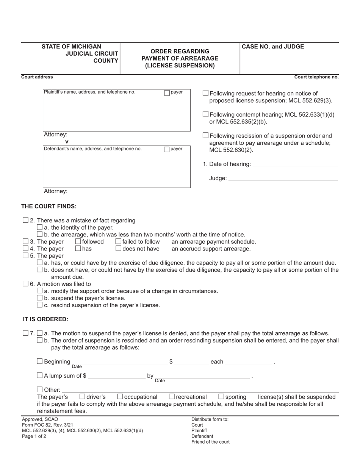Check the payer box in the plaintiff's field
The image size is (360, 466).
click(x=167, y=93)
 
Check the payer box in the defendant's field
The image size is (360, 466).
click(x=167, y=149)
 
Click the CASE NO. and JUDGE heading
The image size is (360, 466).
click(x=273, y=47)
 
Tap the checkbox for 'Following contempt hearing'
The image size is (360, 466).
click(x=206, y=114)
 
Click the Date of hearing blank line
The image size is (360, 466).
click(x=295, y=164)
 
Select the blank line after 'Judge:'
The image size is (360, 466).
click(x=283, y=178)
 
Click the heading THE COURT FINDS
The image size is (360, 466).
click(x=49, y=206)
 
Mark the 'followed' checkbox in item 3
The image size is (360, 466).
click(x=78, y=241)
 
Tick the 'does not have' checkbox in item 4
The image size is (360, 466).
click(x=118, y=249)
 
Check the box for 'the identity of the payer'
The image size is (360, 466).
click(x=40, y=227)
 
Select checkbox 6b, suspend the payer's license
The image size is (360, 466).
click(x=40, y=298)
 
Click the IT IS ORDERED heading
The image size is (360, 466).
click(x=45, y=319)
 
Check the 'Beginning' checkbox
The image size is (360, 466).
click(x=40, y=361)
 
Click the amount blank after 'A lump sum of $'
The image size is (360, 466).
click(x=116, y=376)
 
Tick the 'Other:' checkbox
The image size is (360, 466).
click(x=40, y=389)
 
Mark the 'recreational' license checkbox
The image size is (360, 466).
click(x=172, y=397)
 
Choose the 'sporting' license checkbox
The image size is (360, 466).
click(x=222, y=397)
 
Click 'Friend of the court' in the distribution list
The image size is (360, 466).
click(x=210, y=442)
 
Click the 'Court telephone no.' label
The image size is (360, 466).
click(x=316, y=77)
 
